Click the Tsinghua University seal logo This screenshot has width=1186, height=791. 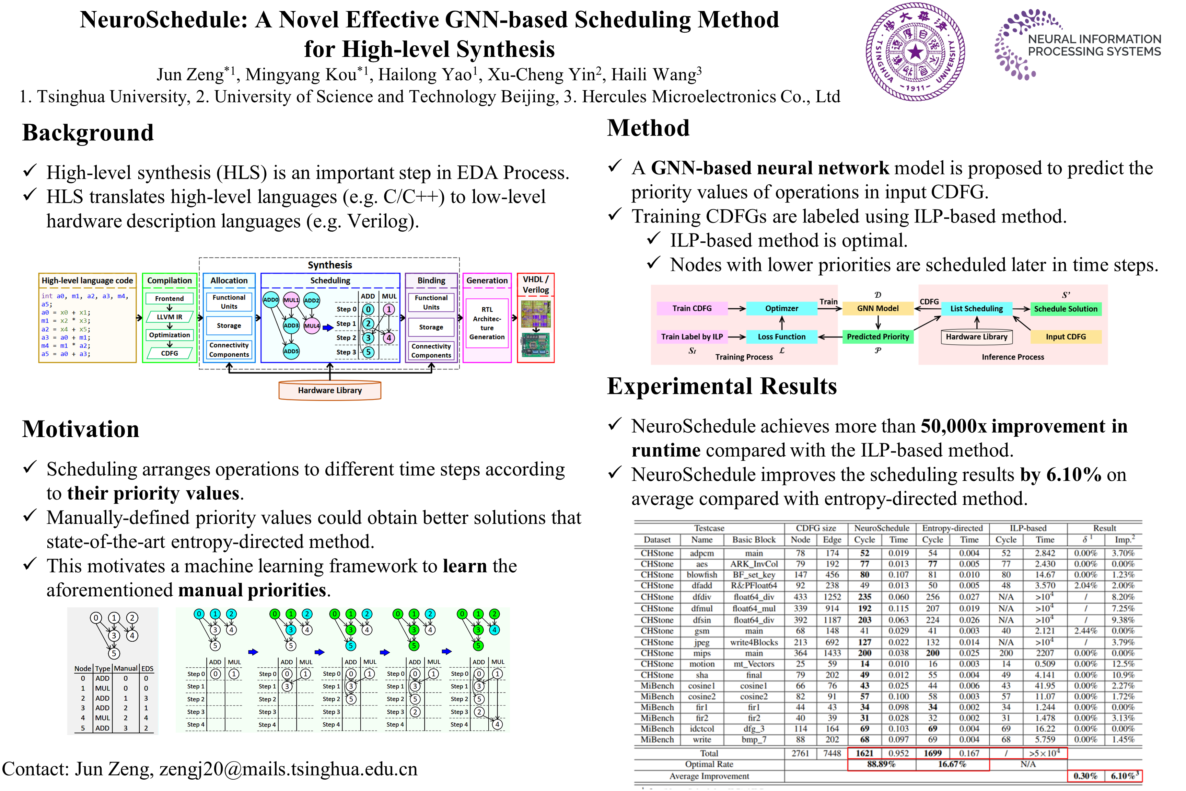[x=915, y=51]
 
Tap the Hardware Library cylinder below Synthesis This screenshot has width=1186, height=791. [x=330, y=390]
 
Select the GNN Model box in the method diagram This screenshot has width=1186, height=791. [x=877, y=308]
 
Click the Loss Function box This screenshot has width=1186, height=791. [x=782, y=336]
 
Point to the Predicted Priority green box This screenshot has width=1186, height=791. [x=877, y=336]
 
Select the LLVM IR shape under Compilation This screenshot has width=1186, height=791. [x=170, y=317]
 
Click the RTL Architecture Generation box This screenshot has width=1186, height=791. [x=487, y=323]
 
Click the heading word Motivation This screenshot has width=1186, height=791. [x=81, y=429]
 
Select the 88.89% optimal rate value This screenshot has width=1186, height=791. [x=881, y=764]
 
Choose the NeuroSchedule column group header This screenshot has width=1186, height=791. [x=881, y=528]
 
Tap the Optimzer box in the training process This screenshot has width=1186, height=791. [x=782, y=308]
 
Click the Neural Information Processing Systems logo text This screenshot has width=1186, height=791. [x=1094, y=45]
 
